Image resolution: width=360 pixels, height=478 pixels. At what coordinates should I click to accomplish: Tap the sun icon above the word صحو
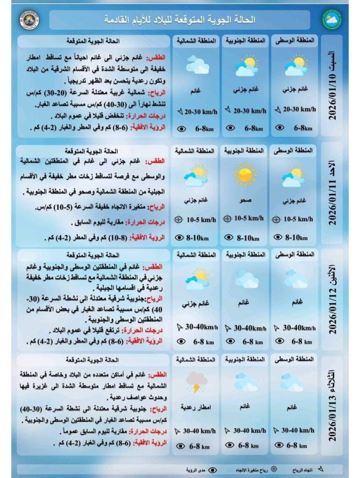click(x=245, y=175)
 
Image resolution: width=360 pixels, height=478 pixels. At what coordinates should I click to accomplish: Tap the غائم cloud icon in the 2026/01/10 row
click(x=197, y=65)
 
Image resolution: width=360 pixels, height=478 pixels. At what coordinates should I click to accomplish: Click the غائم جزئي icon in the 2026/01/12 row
click(x=197, y=280)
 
